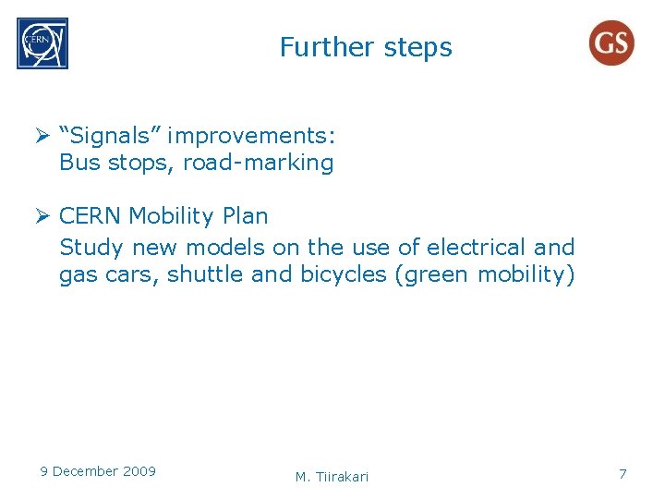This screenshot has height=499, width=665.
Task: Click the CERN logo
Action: (42, 43)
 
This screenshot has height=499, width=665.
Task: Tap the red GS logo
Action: (611, 43)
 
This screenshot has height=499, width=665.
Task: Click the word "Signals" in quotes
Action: (109, 137)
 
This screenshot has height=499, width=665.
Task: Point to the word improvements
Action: (251, 137)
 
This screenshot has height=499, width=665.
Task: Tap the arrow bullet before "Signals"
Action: (42, 137)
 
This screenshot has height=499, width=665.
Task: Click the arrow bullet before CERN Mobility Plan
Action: (42, 216)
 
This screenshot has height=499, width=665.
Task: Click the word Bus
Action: (78, 164)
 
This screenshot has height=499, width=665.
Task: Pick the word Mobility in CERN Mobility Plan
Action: (171, 216)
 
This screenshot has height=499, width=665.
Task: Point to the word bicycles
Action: (344, 275)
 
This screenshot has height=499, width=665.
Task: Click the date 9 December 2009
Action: (98, 471)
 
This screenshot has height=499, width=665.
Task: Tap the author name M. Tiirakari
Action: (332, 477)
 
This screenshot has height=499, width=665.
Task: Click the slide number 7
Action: (623, 474)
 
